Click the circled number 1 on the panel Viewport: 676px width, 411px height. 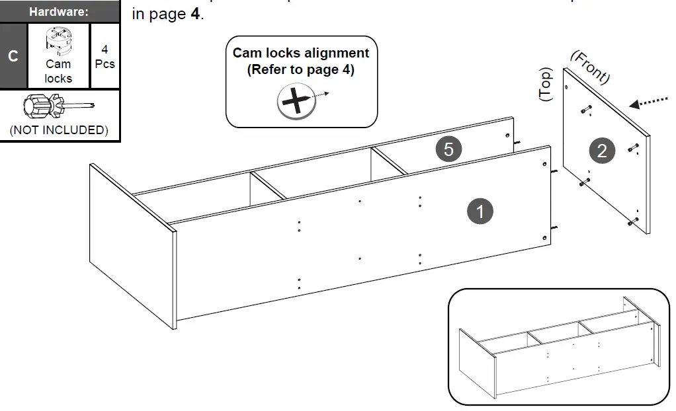point(480,211)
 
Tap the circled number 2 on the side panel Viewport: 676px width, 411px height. point(601,151)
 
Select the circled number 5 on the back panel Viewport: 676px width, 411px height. point(448,150)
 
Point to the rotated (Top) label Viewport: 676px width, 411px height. point(546,84)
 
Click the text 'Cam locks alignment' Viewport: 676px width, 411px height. point(301,53)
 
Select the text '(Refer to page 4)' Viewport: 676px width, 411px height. point(301,69)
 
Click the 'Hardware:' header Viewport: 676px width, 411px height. point(59,11)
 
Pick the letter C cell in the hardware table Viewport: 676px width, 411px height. point(13,56)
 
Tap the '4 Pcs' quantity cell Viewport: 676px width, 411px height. point(105,57)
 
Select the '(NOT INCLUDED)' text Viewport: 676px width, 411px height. point(59,130)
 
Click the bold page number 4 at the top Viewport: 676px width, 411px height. point(195,14)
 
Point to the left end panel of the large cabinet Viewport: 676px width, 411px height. point(132,244)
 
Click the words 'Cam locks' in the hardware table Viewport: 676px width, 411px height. point(58,71)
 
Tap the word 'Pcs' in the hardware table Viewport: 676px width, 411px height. point(105,64)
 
